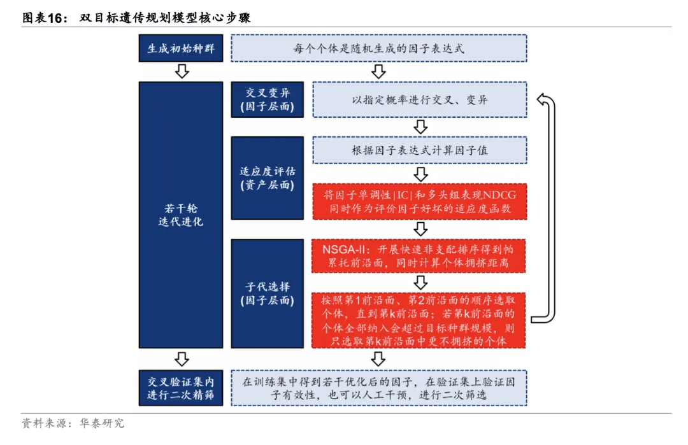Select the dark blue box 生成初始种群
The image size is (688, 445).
coord(181,48)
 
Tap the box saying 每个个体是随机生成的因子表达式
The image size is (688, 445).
coord(378,48)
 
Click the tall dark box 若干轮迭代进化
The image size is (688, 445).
coord(181,215)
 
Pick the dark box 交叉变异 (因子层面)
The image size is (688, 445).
coord(267,99)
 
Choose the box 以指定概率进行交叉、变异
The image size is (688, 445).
coord(420,99)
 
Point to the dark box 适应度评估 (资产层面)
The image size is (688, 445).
coord(267,178)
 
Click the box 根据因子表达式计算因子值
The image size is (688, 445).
coord(420,151)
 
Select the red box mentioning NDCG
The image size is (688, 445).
coord(420,201)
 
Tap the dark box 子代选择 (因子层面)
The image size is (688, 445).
coord(267,293)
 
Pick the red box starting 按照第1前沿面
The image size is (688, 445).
coord(420,320)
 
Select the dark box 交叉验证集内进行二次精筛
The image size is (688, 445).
coord(181,388)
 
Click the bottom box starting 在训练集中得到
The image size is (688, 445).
coord(378,388)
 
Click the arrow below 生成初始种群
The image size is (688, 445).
coord(182,71)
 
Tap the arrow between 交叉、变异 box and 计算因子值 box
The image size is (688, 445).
coord(420,125)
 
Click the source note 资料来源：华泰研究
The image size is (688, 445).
coord(73,423)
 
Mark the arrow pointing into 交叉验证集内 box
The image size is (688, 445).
coord(182,358)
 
